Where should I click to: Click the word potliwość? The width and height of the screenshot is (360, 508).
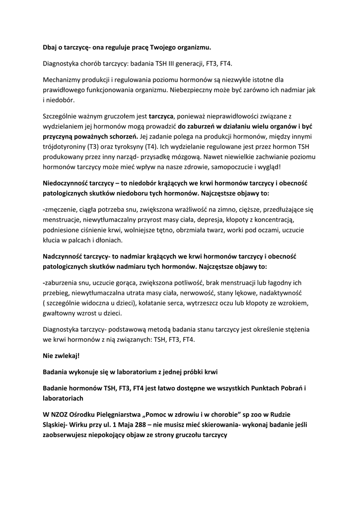185,282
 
